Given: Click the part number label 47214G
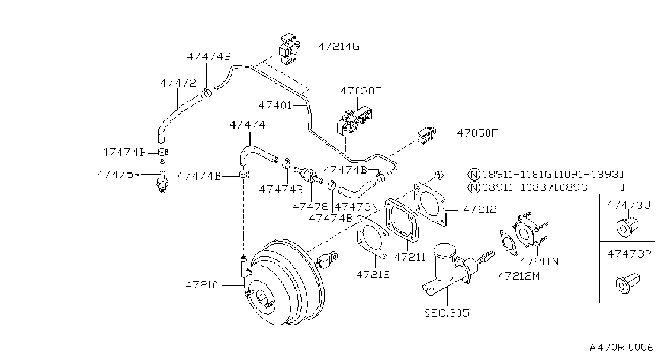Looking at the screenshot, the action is click(339, 47).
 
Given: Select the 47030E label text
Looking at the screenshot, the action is click(361, 91).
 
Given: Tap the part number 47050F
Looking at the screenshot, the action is click(478, 133).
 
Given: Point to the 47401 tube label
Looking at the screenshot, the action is click(275, 105).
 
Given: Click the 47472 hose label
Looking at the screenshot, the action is click(178, 83).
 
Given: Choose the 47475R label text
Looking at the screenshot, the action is click(119, 175).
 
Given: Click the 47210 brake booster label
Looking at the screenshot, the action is click(202, 285).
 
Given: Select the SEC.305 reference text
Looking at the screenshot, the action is click(447, 313).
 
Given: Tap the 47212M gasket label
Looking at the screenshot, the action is click(519, 276).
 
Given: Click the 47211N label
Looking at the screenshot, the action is click(539, 261).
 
